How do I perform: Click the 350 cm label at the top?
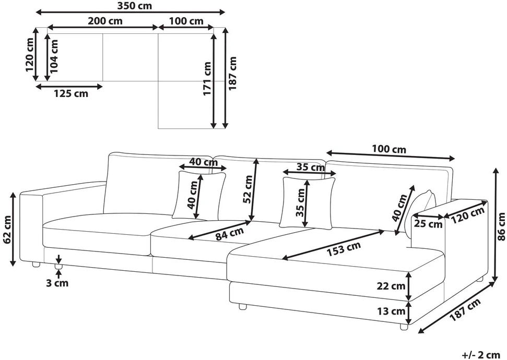[135, 6]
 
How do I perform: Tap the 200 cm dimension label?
[105, 21]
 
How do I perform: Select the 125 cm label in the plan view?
[71, 94]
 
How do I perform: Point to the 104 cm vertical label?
[54, 56]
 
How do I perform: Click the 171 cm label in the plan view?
[207, 79]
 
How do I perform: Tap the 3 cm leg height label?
[57, 283]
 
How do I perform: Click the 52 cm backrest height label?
[249, 189]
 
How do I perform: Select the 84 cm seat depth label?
[230, 233]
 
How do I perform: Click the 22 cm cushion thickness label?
[391, 286]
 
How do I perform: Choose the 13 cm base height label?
[391, 311]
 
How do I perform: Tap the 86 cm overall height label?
[501, 226]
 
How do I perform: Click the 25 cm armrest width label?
[429, 224]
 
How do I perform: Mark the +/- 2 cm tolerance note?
[481, 354]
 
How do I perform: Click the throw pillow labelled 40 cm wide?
[199, 195]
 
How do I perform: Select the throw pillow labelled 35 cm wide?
[308, 202]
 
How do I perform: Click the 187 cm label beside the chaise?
[465, 309]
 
